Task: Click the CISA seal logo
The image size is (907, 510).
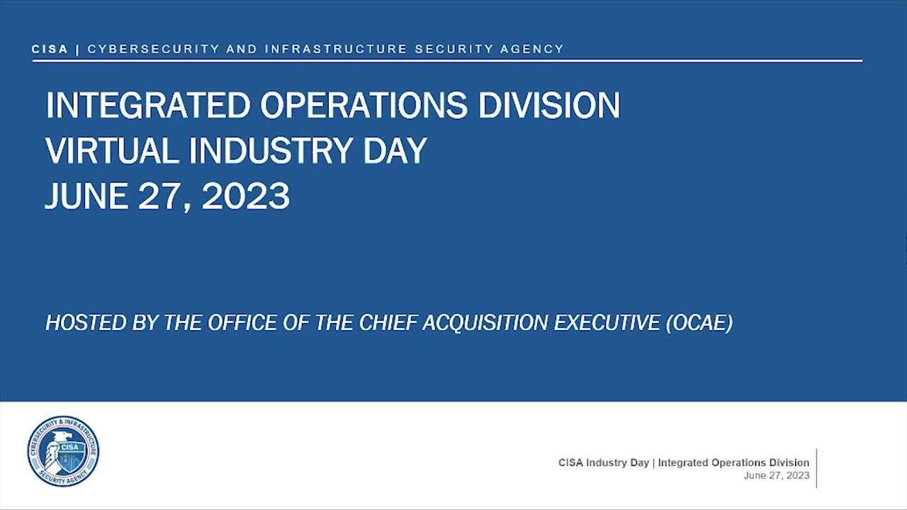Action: coord(63,451)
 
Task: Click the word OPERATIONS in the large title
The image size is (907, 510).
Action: coord(364,106)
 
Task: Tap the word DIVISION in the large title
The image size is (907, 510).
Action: coord(549,106)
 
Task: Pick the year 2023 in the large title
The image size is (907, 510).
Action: coord(245,196)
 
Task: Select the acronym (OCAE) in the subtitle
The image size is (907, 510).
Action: coord(699,323)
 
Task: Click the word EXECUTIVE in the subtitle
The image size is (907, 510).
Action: coord(607,323)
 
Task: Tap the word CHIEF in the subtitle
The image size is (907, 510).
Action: coord(388,323)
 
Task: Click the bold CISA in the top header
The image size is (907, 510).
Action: coord(50,49)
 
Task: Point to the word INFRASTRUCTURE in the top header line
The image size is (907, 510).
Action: coord(336,49)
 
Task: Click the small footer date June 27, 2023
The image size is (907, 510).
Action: coord(776,475)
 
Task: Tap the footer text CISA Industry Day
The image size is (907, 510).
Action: coord(603,463)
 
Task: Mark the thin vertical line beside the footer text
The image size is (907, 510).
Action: coord(816,468)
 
